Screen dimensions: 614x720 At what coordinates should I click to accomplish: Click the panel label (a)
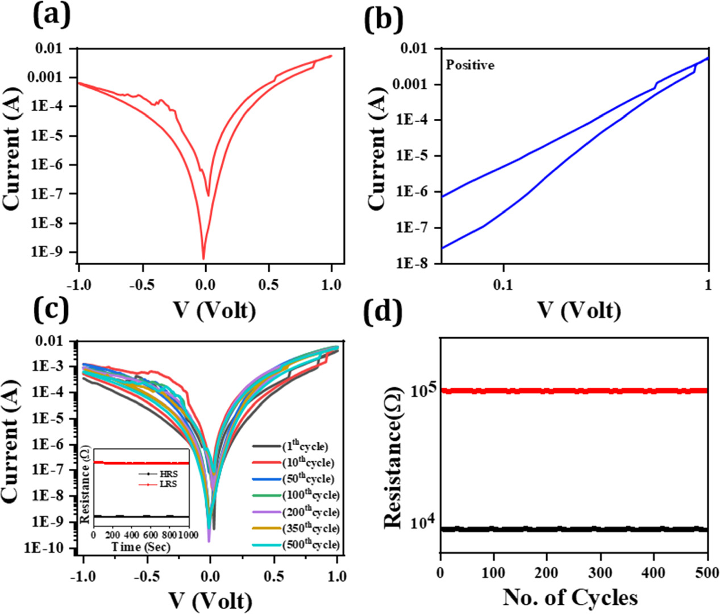coord(51,15)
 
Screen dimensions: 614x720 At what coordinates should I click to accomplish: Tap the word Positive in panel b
coord(470,65)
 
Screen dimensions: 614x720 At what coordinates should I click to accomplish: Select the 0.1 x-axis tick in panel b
coord(503,284)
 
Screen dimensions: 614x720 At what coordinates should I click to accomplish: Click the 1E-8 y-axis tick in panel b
coord(417,263)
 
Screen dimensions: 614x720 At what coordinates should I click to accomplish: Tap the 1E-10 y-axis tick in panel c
coord(49,549)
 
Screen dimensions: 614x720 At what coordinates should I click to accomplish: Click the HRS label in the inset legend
coord(168,474)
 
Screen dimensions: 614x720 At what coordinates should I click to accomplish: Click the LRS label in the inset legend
coord(168,484)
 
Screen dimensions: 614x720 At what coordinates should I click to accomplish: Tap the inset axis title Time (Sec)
coord(140,547)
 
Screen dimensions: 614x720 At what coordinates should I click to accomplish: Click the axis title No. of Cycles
coord(570,597)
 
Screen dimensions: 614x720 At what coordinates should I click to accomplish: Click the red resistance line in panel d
coord(574,391)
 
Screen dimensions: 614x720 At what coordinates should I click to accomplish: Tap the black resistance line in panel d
coord(574,529)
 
